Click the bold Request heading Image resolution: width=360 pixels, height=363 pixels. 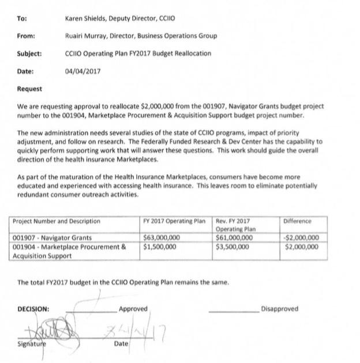30,89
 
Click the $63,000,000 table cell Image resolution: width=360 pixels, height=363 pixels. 162,237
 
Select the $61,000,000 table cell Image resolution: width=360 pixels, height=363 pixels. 234,237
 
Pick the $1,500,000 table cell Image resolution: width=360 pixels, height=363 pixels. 160,247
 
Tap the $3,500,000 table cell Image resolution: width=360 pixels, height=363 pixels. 232,247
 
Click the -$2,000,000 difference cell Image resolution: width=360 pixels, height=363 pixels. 303,237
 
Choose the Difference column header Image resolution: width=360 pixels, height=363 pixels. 297,221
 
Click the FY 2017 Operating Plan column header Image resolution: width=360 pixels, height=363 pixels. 174,221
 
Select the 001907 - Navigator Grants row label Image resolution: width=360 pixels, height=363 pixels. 52,237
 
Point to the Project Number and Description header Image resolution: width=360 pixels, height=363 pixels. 56,221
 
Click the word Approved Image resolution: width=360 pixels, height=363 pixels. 133,309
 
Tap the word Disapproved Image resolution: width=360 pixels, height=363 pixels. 279,309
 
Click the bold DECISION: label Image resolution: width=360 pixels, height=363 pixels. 33,309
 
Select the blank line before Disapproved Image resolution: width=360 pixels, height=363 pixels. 234,311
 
